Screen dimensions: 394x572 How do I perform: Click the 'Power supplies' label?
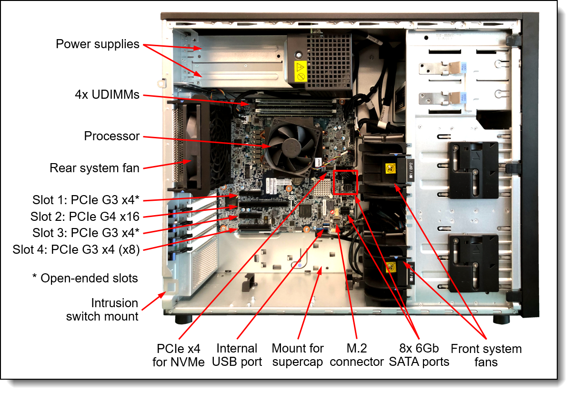pyautogui.click(x=98, y=44)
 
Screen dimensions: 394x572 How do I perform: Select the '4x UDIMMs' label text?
pyautogui.click(x=108, y=94)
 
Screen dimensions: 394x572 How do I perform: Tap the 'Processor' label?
pyautogui.click(x=112, y=136)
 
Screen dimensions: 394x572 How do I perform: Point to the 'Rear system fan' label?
pyautogui.click(x=95, y=168)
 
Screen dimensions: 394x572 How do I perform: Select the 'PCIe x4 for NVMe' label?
pyautogui.click(x=179, y=355)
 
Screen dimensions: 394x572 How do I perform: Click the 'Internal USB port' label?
pyautogui.click(x=237, y=355)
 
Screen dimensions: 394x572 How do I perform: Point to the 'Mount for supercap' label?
pyautogui.click(x=298, y=355)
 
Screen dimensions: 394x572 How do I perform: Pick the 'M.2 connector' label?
pyautogui.click(x=357, y=355)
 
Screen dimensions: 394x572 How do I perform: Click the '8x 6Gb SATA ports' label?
pyautogui.click(x=419, y=355)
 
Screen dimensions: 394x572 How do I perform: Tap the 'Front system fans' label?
pyautogui.click(x=486, y=355)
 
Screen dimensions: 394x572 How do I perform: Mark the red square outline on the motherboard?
pyautogui.click(x=345, y=182)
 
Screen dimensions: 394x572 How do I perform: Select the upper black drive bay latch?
pyautogui.click(x=473, y=170)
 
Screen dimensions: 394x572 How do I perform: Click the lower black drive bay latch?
pyautogui.click(x=473, y=263)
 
